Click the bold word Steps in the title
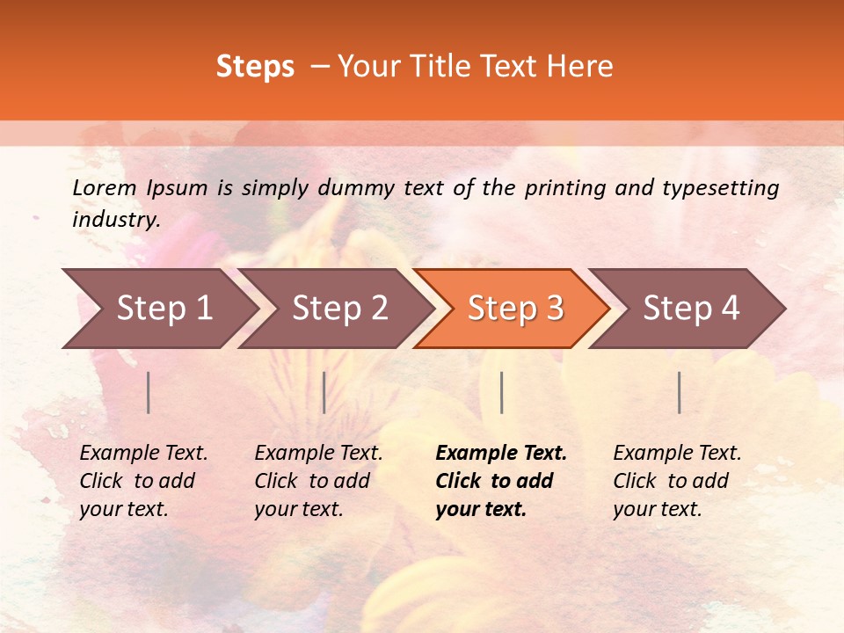255,67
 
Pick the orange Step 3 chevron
515,309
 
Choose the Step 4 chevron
691,309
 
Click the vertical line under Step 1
149,392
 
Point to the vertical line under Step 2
324,392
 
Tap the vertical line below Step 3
501,392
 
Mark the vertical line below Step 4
679,392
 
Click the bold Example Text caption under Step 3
501,481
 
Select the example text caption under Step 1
144,481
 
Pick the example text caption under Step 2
319,481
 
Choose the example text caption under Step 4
677,481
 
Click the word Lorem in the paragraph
104,187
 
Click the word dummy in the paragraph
355,188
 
